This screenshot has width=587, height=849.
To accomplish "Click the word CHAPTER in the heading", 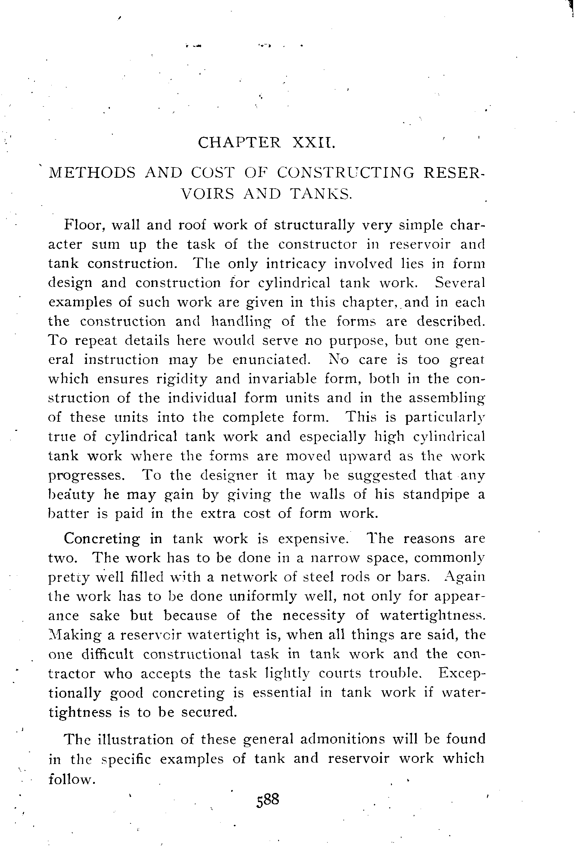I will point(239,143).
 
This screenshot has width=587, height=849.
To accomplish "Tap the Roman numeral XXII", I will point(313,143).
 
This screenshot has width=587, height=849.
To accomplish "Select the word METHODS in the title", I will point(92,173).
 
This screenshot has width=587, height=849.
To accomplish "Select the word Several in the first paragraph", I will point(460,283).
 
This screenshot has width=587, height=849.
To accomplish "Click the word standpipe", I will point(436,495).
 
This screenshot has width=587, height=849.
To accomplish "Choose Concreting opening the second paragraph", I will point(102,539).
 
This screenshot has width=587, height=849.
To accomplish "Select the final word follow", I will point(72,778).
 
